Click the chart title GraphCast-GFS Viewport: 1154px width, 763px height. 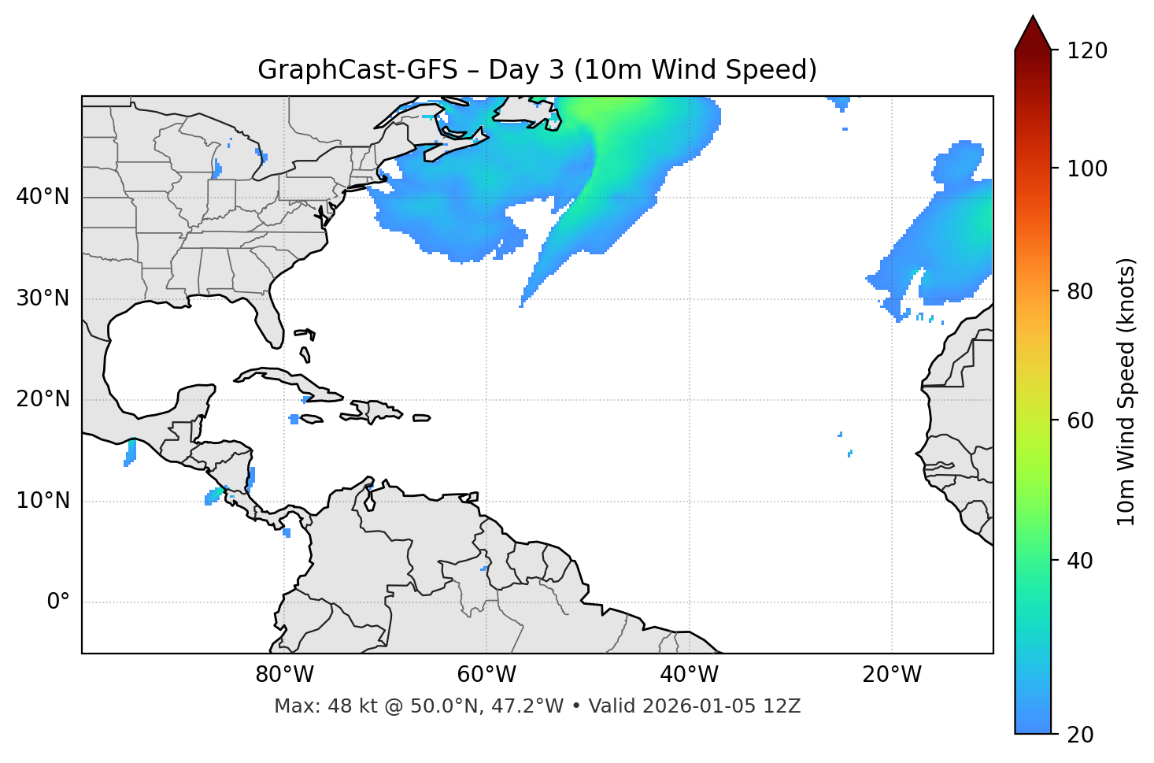tap(357, 70)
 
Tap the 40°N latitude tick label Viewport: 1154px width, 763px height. tap(43, 196)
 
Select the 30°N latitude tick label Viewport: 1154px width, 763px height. tap(43, 298)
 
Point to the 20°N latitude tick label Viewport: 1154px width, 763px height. tap(43, 399)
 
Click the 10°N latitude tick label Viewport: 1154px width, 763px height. tap(43, 501)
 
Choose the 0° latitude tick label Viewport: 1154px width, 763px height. tap(58, 602)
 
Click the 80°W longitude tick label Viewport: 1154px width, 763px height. tap(284, 675)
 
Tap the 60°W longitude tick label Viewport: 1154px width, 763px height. tap(486, 675)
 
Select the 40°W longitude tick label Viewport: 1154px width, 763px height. tap(689, 675)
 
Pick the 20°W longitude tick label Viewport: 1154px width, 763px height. tap(891, 675)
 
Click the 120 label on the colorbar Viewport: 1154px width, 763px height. tap(1087, 50)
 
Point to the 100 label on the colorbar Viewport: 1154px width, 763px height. tap(1087, 169)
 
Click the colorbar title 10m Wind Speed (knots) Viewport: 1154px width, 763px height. tap(1126, 391)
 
